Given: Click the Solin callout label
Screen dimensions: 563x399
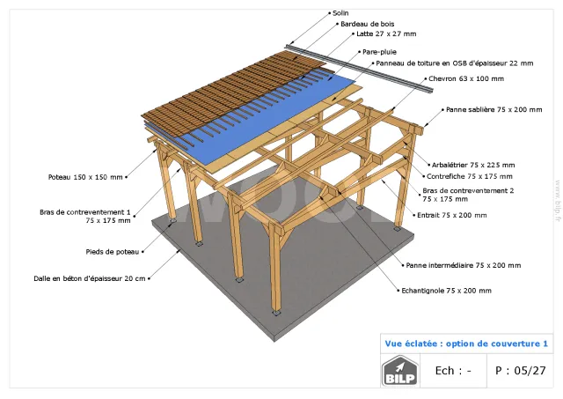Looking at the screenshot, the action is point(340,13).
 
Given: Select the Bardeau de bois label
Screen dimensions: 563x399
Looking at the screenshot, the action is point(368,24).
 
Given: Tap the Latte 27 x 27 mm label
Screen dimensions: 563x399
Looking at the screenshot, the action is point(386,33).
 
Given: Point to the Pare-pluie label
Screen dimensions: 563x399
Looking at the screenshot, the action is point(379,52).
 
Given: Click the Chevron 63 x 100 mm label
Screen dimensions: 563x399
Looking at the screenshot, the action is point(466,78).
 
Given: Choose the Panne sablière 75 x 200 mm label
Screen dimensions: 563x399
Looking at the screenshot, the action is point(494,109).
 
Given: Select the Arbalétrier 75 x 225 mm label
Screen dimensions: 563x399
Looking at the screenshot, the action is point(473,165).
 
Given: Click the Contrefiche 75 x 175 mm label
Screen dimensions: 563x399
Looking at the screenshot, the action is point(470,176).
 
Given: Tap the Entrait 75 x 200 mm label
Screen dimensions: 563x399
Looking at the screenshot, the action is point(452,215).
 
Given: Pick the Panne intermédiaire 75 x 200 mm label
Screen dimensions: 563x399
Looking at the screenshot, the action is point(464,265).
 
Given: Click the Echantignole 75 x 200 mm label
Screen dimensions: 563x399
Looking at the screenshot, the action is point(446,291).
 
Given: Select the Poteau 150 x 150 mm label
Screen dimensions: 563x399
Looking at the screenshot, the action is point(85,177).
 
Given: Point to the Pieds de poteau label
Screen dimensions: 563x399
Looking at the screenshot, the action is point(113,252).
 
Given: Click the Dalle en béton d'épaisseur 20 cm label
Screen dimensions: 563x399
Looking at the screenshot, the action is point(90,278).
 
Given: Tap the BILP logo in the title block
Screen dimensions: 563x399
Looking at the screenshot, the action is point(400,371).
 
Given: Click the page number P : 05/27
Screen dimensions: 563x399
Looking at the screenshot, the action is point(520,370).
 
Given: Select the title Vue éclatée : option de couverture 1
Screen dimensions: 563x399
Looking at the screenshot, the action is point(466,344).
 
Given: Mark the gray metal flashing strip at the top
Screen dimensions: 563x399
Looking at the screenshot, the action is point(359,70).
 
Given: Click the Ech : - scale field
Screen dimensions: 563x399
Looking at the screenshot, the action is point(453,370).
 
